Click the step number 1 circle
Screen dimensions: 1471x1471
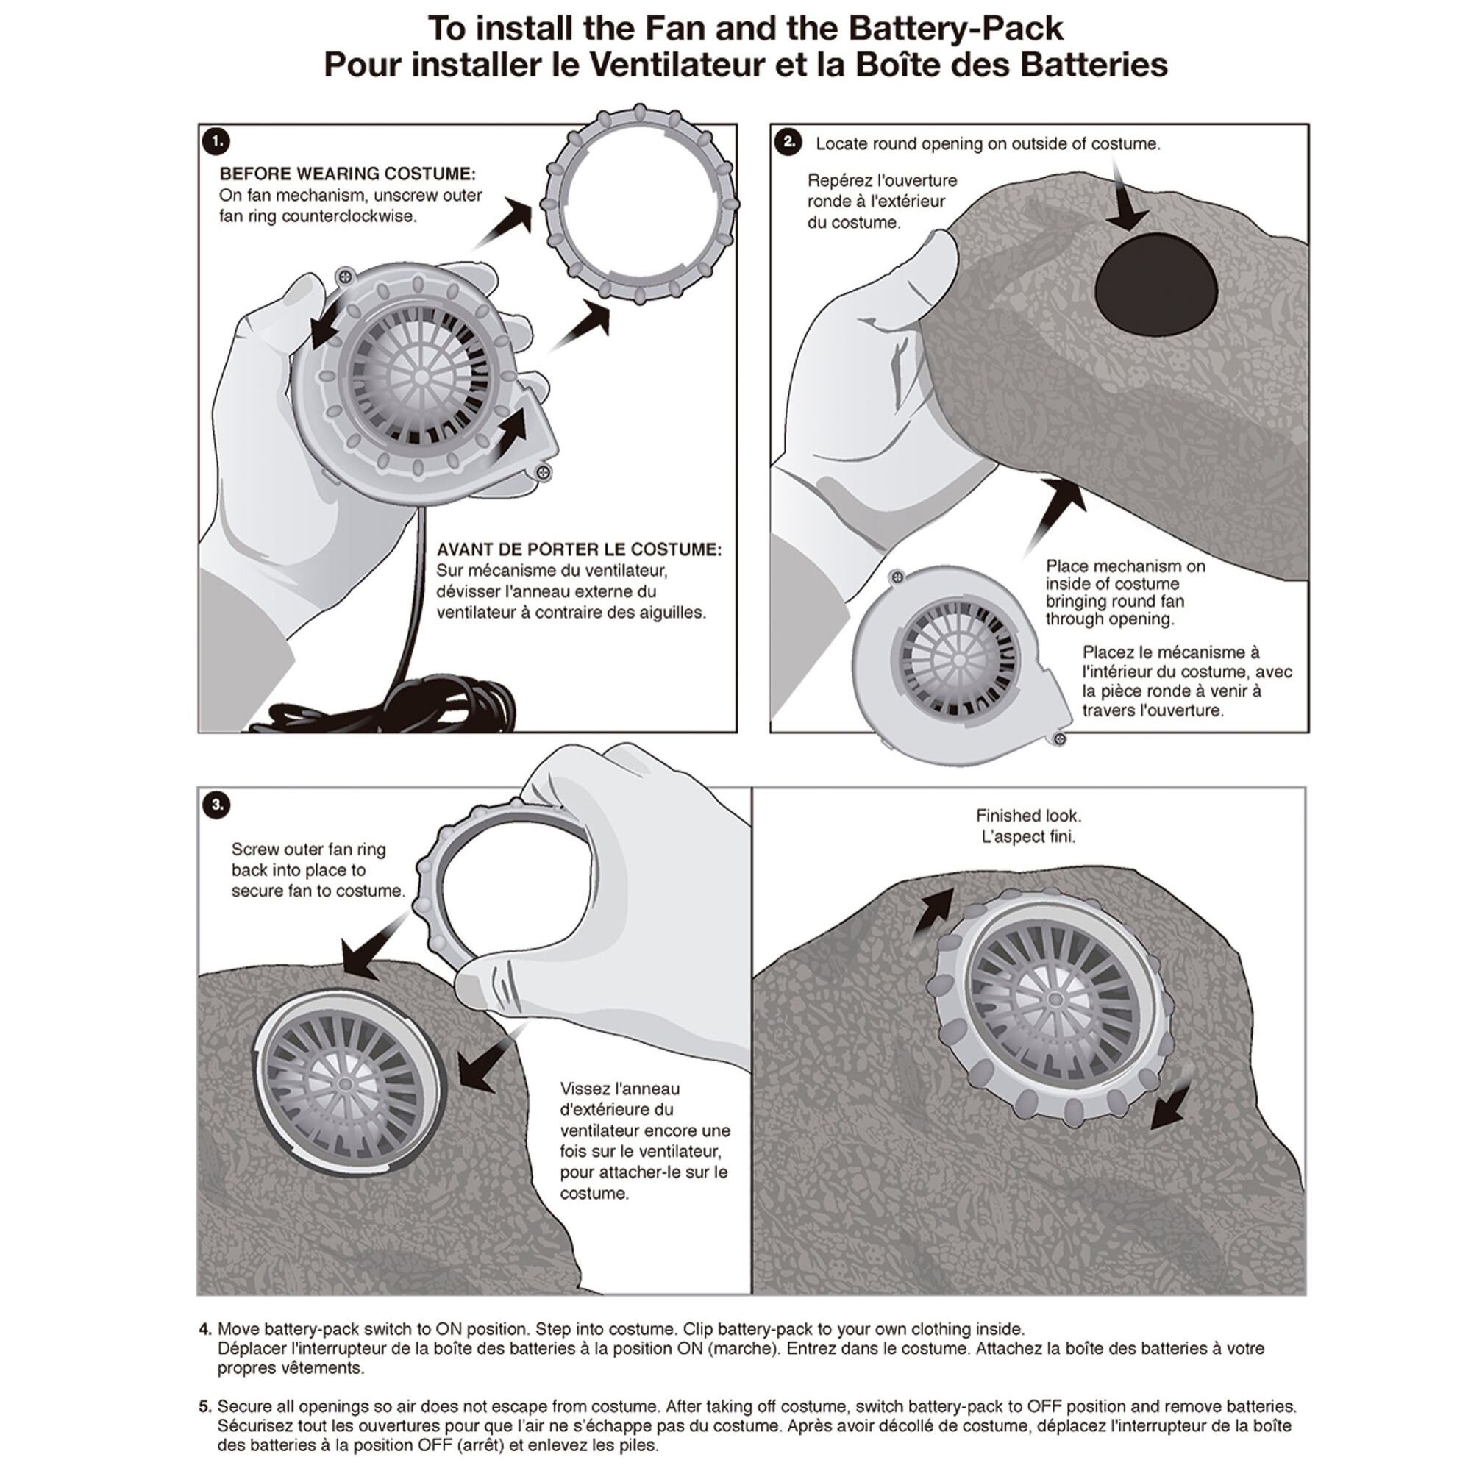tap(217, 142)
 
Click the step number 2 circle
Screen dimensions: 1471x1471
tap(788, 142)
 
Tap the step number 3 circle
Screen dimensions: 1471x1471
tap(217, 805)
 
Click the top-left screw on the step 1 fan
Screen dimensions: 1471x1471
tap(346, 276)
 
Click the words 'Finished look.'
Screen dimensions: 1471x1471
tap(1028, 816)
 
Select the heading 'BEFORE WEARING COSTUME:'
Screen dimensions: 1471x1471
tap(347, 174)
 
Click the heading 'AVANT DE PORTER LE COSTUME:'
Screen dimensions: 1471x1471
tap(579, 549)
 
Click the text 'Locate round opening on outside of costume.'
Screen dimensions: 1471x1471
tap(988, 144)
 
